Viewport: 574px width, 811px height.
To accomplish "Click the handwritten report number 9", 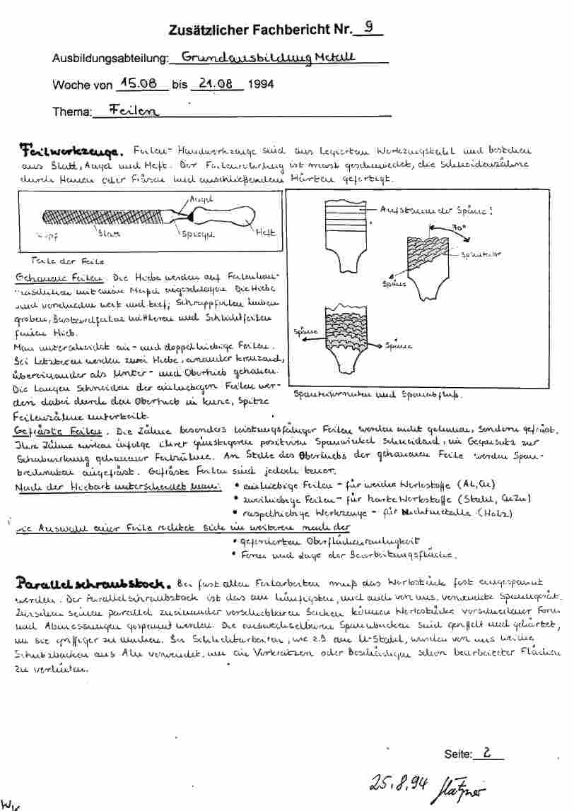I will click(x=368, y=28).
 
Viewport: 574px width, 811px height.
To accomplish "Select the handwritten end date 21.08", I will click(x=216, y=83).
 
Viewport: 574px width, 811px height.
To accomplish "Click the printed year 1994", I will click(x=261, y=85).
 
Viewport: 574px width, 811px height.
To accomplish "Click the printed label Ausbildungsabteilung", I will click(x=110, y=58).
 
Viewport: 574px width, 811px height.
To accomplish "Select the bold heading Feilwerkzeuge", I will click(x=71, y=150).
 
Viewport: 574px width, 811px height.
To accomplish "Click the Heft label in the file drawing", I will click(x=265, y=231).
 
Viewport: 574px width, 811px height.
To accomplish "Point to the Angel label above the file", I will click(x=201, y=201).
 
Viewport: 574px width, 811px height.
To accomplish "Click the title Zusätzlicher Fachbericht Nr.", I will click(x=261, y=30).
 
